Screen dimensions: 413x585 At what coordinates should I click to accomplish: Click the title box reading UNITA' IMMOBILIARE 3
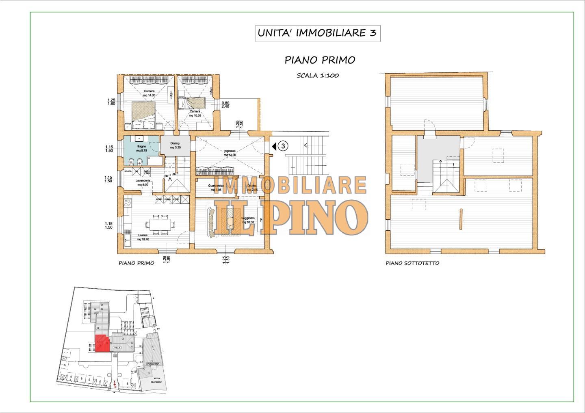click(318, 33)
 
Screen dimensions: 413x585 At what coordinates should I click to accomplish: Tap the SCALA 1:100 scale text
click(318, 76)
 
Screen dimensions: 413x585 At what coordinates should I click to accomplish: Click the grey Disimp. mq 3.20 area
click(175, 145)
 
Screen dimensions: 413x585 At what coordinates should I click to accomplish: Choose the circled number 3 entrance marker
click(284, 146)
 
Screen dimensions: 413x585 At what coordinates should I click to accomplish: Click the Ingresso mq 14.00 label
click(230, 153)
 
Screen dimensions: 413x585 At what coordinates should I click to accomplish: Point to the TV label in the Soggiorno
click(261, 220)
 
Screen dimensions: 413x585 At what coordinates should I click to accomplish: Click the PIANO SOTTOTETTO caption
click(412, 263)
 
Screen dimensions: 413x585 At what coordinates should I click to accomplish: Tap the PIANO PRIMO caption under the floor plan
click(136, 263)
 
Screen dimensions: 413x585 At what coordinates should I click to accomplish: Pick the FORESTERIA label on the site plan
click(153, 363)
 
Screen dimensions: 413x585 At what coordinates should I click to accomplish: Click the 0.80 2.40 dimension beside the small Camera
click(225, 104)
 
